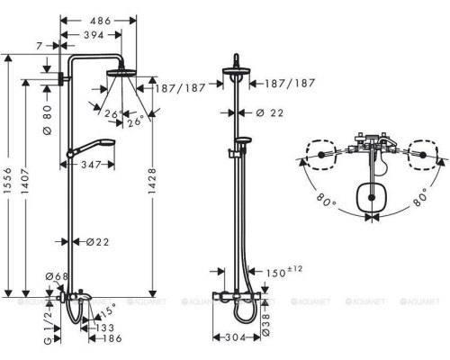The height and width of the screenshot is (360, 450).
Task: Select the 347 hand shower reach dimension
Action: click(x=89, y=166)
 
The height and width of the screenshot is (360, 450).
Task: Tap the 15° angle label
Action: click(x=108, y=309)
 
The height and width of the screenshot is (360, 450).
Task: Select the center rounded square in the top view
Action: click(x=369, y=197)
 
